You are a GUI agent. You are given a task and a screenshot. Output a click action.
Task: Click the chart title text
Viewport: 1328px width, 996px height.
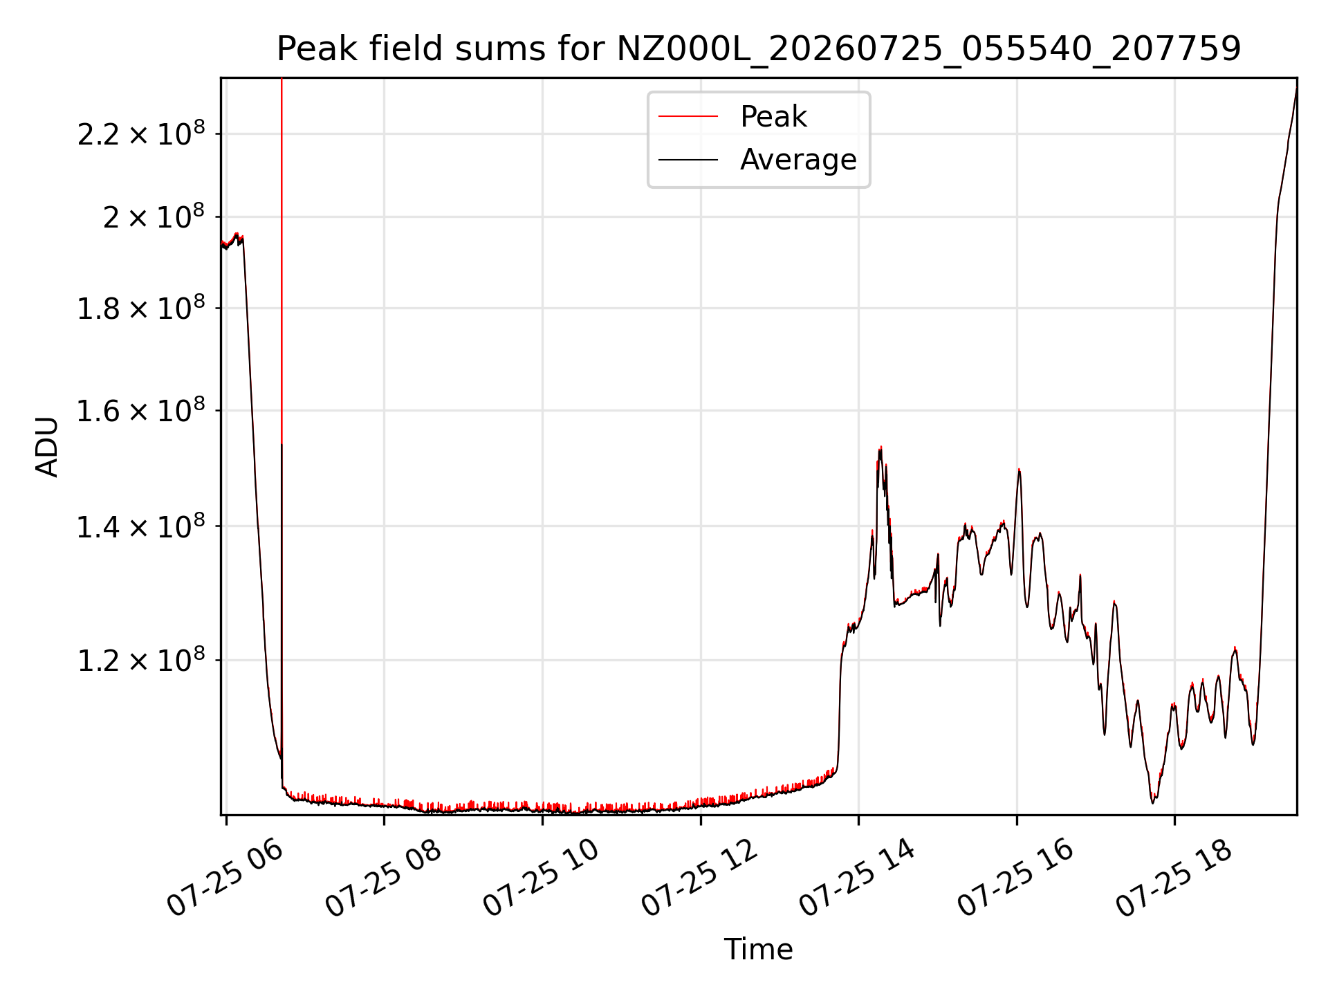click(759, 49)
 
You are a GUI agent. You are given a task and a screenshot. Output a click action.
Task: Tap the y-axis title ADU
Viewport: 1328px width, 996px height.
click(47, 446)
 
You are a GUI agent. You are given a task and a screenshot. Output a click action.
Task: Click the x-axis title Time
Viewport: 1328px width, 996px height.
click(758, 950)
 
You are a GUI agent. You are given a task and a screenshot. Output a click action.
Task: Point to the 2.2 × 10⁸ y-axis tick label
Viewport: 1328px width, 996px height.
click(141, 133)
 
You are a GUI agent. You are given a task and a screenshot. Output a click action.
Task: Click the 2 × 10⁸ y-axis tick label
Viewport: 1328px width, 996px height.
click(154, 216)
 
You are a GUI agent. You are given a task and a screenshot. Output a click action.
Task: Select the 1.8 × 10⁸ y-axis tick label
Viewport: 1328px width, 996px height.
click(141, 308)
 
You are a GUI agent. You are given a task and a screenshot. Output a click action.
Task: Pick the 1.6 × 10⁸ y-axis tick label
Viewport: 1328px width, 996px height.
click(141, 410)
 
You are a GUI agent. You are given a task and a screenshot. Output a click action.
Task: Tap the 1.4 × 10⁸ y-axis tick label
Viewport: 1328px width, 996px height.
click(141, 526)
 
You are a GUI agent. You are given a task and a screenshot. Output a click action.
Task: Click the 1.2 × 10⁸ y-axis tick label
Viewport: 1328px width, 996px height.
click(141, 660)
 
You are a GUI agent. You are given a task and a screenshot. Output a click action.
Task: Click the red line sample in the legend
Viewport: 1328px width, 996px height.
click(688, 117)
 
